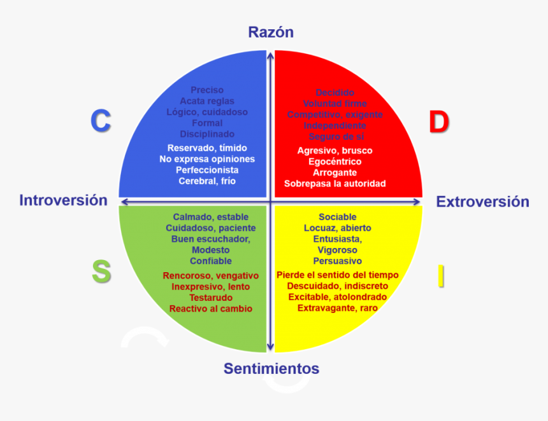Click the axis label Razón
tap(271, 32)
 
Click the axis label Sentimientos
tap(271, 368)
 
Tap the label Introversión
tap(63, 200)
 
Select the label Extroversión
tap(482, 202)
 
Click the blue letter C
tap(101, 121)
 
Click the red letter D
tap(438, 122)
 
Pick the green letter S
tap(101, 272)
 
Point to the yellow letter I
tap(440, 276)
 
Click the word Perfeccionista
tap(207, 170)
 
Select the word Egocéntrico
tap(335, 162)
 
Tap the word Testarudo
tap(210, 298)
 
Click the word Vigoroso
tap(338, 250)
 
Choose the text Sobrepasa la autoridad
tap(335, 183)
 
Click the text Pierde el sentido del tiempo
tap(338, 275)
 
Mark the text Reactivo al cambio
tap(210, 308)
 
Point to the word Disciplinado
tap(207, 134)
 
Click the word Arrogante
tap(335, 172)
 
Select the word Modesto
tap(210, 250)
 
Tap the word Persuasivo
tap(338, 261)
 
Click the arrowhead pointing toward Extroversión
tap(417, 202)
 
